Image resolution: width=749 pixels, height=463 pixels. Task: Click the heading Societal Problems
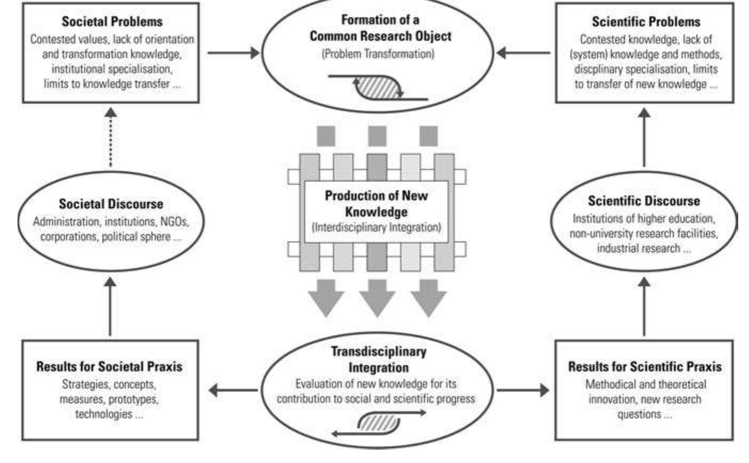[112, 22]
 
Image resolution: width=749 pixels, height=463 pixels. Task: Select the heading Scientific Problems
[645, 22]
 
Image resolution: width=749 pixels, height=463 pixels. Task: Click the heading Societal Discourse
[111, 204]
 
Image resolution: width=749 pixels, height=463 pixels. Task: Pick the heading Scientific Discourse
[643, 201]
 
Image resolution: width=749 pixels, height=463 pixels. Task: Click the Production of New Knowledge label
[376, 203]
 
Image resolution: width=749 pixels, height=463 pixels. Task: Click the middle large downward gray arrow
[376, 297]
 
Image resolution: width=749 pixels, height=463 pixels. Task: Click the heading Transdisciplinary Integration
[378, 360]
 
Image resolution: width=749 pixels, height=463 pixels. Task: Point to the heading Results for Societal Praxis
[109, 366]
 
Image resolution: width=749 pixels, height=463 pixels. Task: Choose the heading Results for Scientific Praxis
[644, 366]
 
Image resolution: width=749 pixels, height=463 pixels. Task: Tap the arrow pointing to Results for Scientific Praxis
[522, 390]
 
